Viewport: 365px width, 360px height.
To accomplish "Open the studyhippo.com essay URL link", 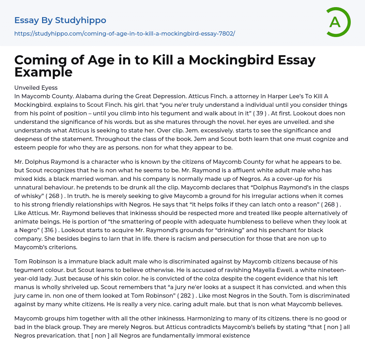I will click(x=124, y=33).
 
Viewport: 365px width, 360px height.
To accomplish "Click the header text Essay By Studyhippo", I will click(x=60, y=20).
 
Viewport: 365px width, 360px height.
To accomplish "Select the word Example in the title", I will click(x=43, y=72).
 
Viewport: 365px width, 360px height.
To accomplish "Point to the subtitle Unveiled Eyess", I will click(x=36, y=88).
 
